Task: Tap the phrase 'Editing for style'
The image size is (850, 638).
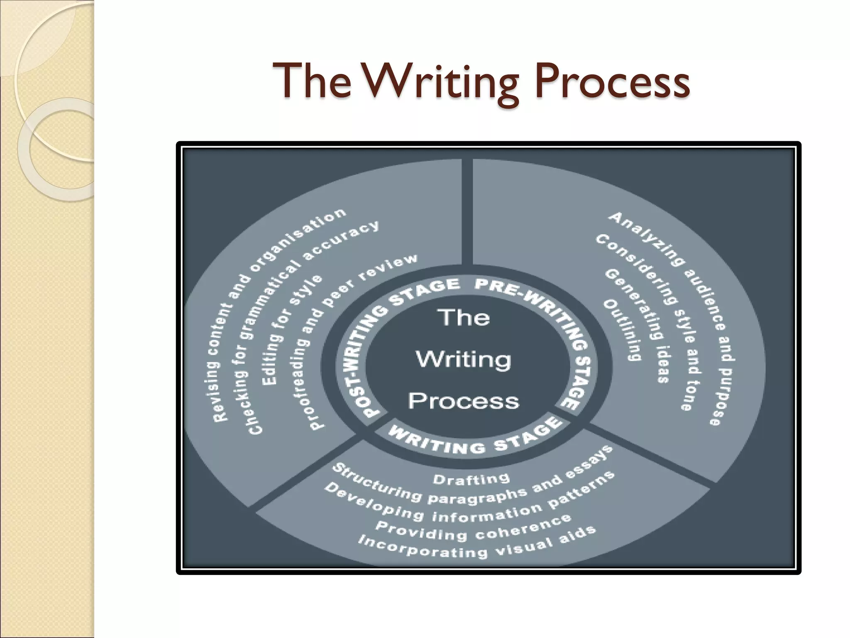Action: coord(291,328)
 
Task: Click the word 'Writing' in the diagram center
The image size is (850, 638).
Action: coord(464,359)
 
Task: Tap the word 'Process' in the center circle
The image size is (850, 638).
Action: coord(464,401)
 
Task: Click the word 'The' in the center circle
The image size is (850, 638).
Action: coord(464,318)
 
